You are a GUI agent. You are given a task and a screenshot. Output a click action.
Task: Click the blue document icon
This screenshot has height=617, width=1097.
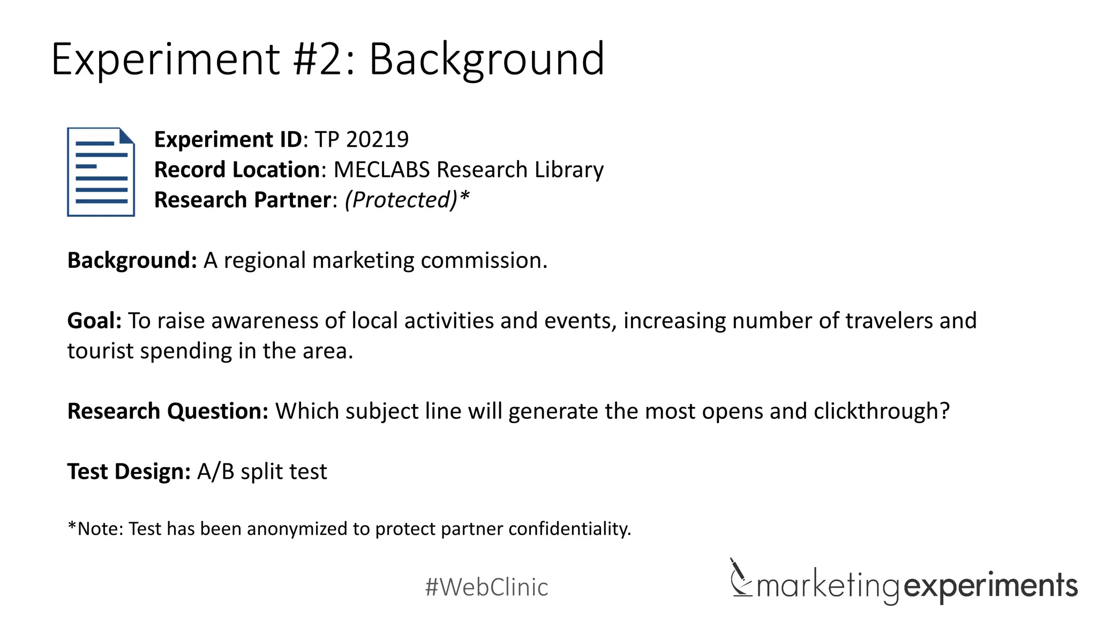(101, 172)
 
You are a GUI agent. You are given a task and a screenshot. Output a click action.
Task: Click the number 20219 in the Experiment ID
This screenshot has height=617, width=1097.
(377, 140)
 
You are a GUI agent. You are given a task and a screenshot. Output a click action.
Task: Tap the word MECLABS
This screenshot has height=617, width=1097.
(381, 170)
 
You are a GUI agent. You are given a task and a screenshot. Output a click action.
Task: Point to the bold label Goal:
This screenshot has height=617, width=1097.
(94, 321)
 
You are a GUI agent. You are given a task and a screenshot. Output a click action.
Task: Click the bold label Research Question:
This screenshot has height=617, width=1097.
(168, 411)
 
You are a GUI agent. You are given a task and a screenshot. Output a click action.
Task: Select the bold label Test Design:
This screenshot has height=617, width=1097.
(129, 472)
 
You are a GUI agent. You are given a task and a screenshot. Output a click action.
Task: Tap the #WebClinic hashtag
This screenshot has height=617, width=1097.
(486, 587)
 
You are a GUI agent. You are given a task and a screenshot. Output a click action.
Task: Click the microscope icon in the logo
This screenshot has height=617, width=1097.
(741, 578)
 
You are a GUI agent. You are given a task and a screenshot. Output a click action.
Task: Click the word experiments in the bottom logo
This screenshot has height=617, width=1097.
(990, 586)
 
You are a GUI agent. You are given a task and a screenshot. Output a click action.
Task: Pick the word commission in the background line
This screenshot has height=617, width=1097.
(483, 261)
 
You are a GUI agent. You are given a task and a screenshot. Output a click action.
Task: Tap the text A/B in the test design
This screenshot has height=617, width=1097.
(216, 472)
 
